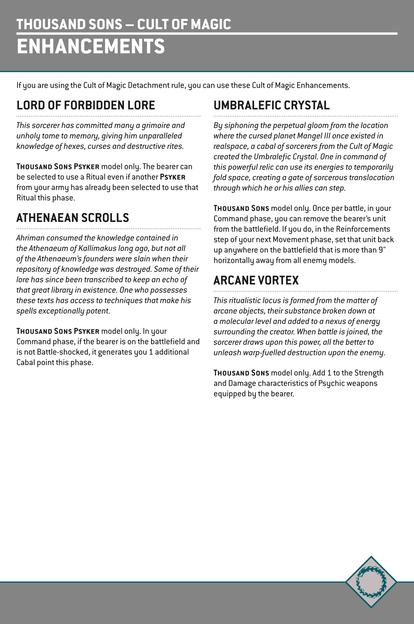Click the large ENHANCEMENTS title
[91, 46]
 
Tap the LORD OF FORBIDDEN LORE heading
[86, 105]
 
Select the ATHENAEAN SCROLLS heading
[73, 218]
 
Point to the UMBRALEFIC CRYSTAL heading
[271, 105]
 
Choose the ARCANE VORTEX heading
[256, 280]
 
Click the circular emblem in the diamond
[371, 581]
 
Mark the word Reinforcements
[363, 229]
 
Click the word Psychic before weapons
[331, 383]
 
